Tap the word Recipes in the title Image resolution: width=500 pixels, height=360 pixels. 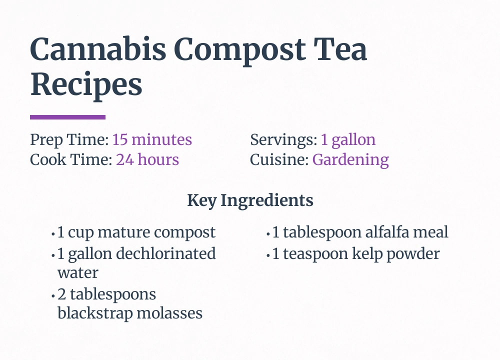click(x=86, y=86)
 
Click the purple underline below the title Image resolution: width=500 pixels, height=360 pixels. click(x=67, y=117)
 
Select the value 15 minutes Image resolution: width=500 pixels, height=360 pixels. click(x=152, y=140)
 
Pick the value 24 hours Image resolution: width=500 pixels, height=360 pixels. click(x=147, y=160)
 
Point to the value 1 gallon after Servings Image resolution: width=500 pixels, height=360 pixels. click(x=348, y=140)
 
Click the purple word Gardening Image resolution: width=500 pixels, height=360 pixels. click(x=350, y=160)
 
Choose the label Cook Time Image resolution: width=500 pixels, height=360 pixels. click(x=71, y=160)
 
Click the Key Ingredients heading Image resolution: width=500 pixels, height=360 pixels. click(x=250, y=200)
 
